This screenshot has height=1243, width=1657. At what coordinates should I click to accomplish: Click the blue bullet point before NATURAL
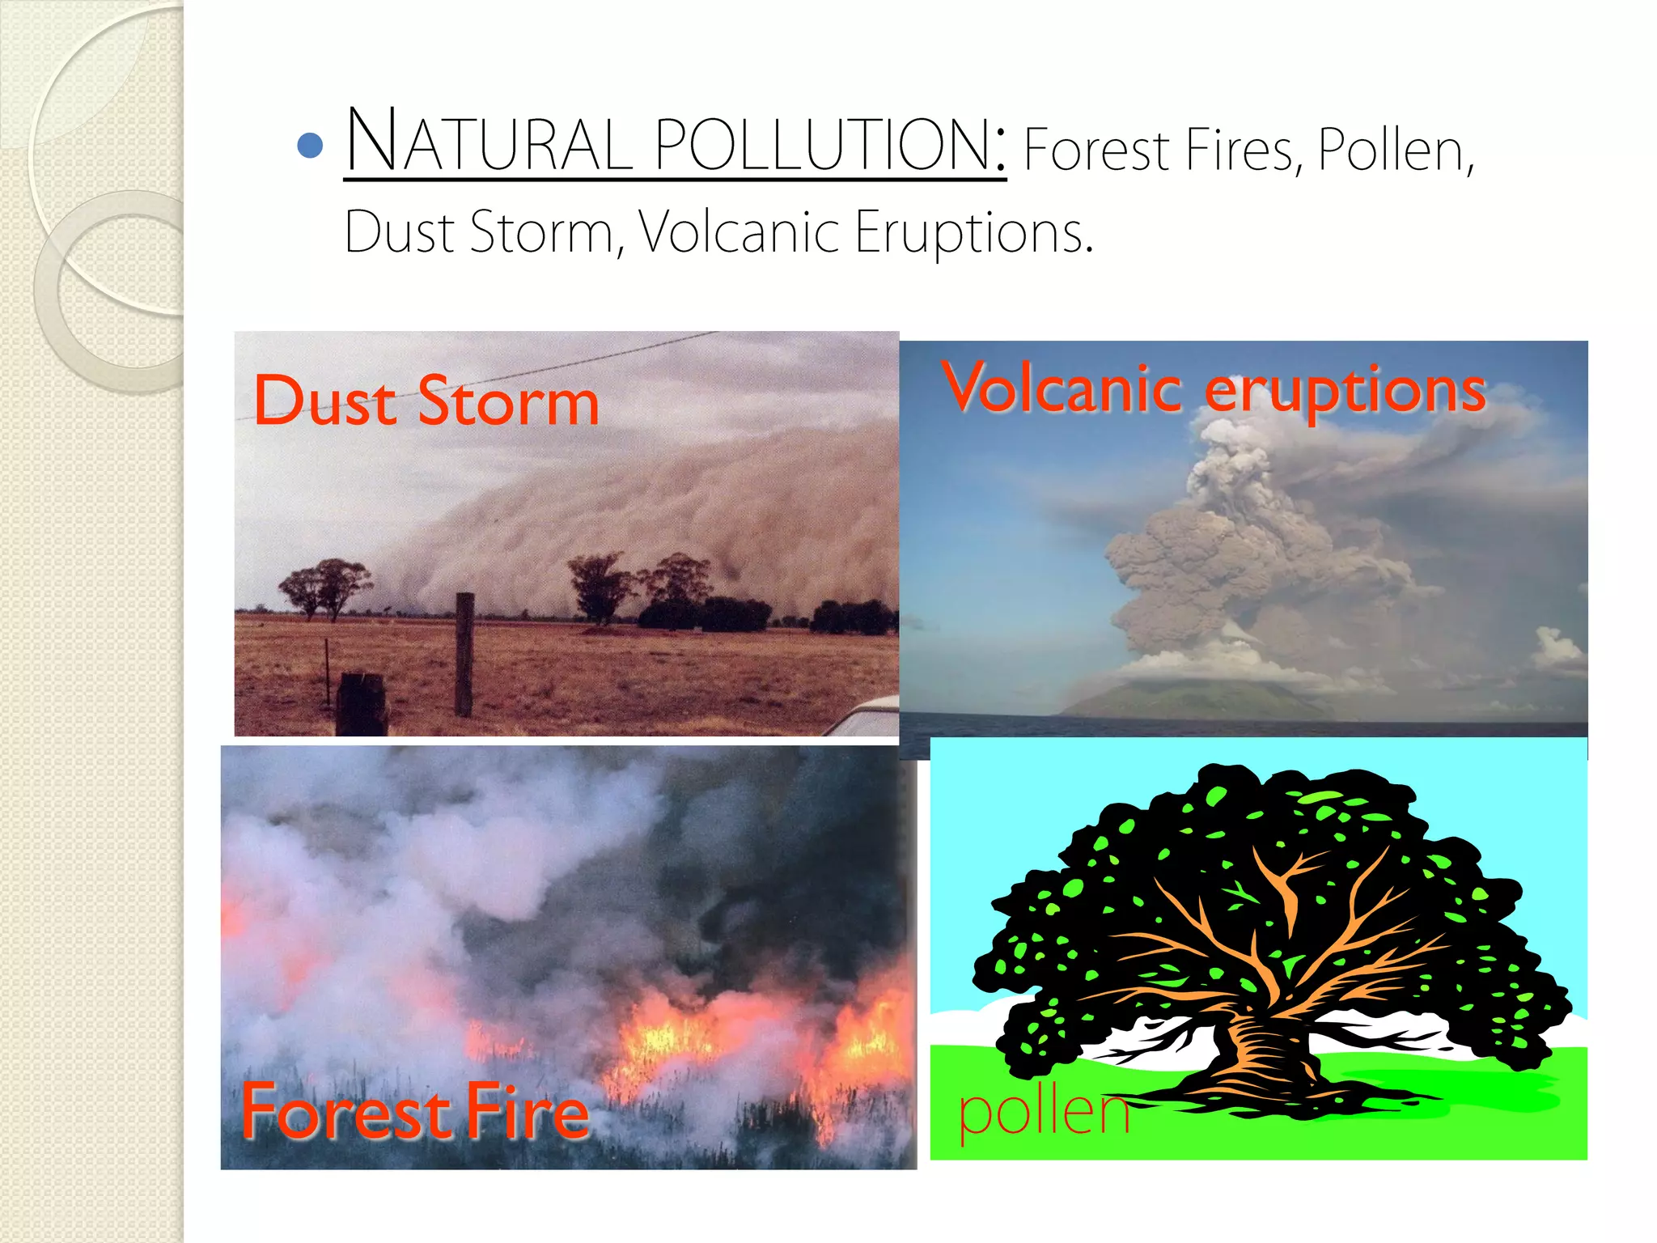pyautogui.click(x=311, y=146)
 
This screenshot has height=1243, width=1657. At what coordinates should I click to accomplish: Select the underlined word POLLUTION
pyautogui.click(x=828, y=144)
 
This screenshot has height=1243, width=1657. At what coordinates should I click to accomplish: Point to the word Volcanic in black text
pyautogui.click(x=740, y=233)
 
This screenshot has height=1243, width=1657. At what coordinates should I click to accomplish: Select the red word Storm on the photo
pyautogui.click(x=508, y=401)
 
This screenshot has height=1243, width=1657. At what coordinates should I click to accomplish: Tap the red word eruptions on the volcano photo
pyautogui.click(x=1345, y=391)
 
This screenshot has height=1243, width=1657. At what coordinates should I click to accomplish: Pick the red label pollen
pyautogui.click(x=1044, y=1113)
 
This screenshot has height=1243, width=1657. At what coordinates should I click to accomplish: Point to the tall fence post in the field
pyautogui.click(x=464, y=654)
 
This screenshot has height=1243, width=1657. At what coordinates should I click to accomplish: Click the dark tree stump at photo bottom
pyautogui.click(x=362, y=705)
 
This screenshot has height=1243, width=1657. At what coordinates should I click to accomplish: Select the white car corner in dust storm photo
pyautogui.click(x=866, y=719)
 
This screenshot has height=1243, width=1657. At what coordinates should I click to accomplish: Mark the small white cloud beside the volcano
pyautogui.click(x=1558, y=647)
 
